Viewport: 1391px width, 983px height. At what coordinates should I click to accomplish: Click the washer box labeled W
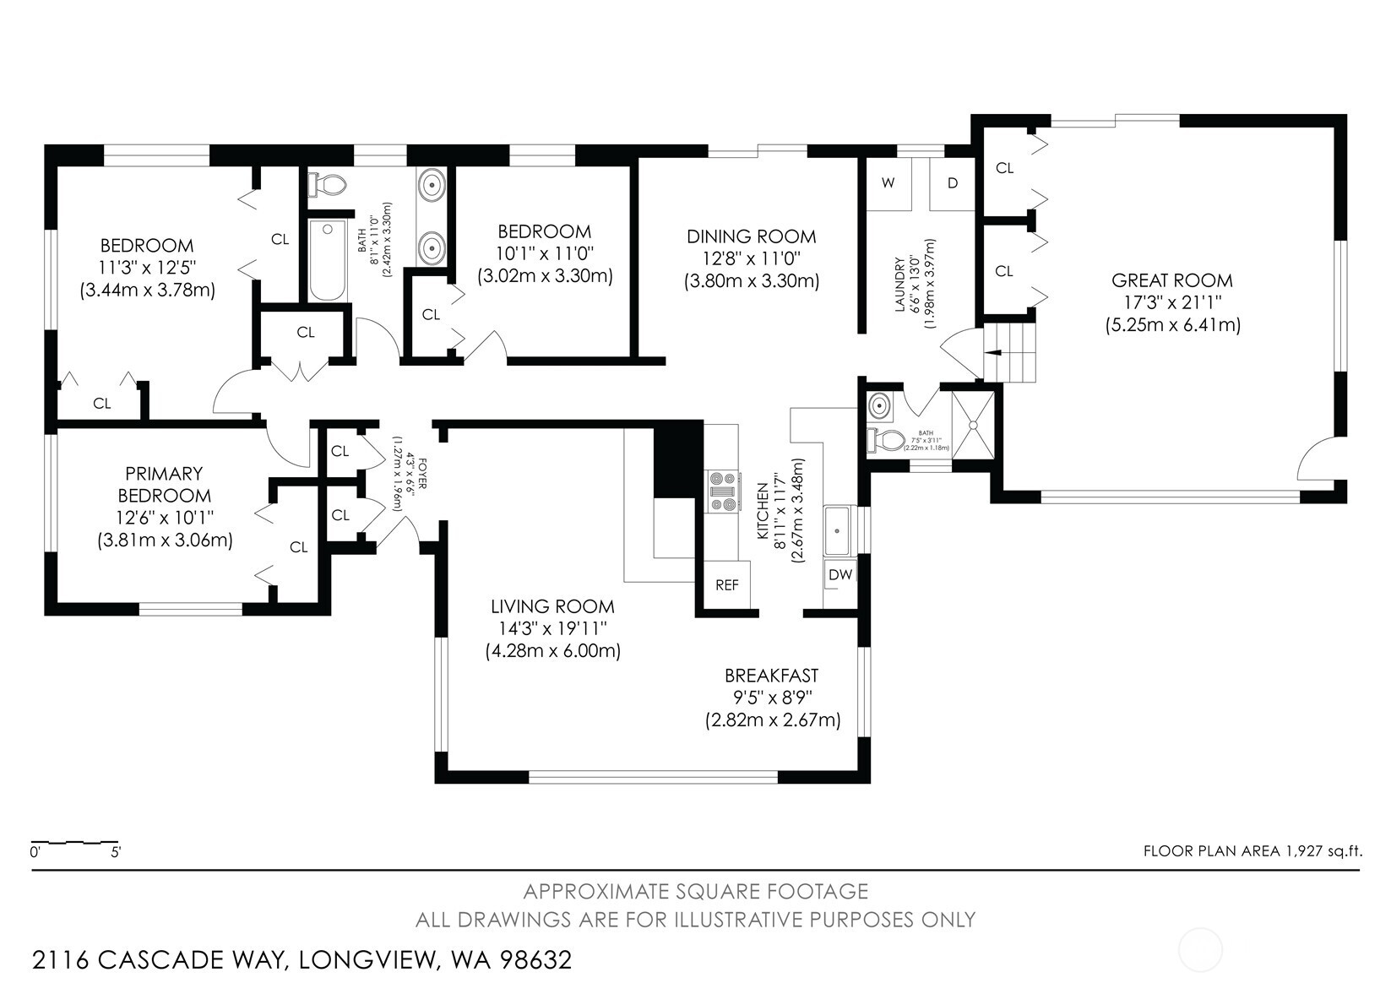pyautogui.click(x=888, y=183)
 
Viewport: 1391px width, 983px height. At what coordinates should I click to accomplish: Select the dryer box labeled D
pyautogui.click(x=952, y=183)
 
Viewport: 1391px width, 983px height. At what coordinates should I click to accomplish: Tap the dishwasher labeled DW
pyautogui.click(x=840, y=575)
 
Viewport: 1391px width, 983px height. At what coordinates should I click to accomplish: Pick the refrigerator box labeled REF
pyautogui.click(x=726, y=585)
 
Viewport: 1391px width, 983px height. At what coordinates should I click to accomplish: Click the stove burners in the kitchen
pyautogui.click(x=723, y=491)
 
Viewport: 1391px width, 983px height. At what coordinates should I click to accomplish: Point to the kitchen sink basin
pyautogui.click(x=837, y=531)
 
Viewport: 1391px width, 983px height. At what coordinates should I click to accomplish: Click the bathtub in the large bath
pyautogui.click(x=327, y=260)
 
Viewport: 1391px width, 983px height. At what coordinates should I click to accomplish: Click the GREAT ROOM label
pyautogui.click(x=1171, y=280)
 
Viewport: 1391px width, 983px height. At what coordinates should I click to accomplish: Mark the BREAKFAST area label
pyautogui.click(x=771, y=676)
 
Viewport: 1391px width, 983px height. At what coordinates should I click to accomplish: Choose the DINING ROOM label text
pyautogui.click(x=751, y=236)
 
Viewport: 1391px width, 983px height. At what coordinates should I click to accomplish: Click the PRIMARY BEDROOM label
pyautogui.click(x=164, y=485)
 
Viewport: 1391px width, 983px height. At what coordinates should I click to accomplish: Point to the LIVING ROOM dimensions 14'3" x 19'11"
pyautogui.click(x=552, y=629)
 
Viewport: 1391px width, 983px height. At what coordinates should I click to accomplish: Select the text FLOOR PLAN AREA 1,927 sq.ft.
pyautogui.click(x=1252, y=850)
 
